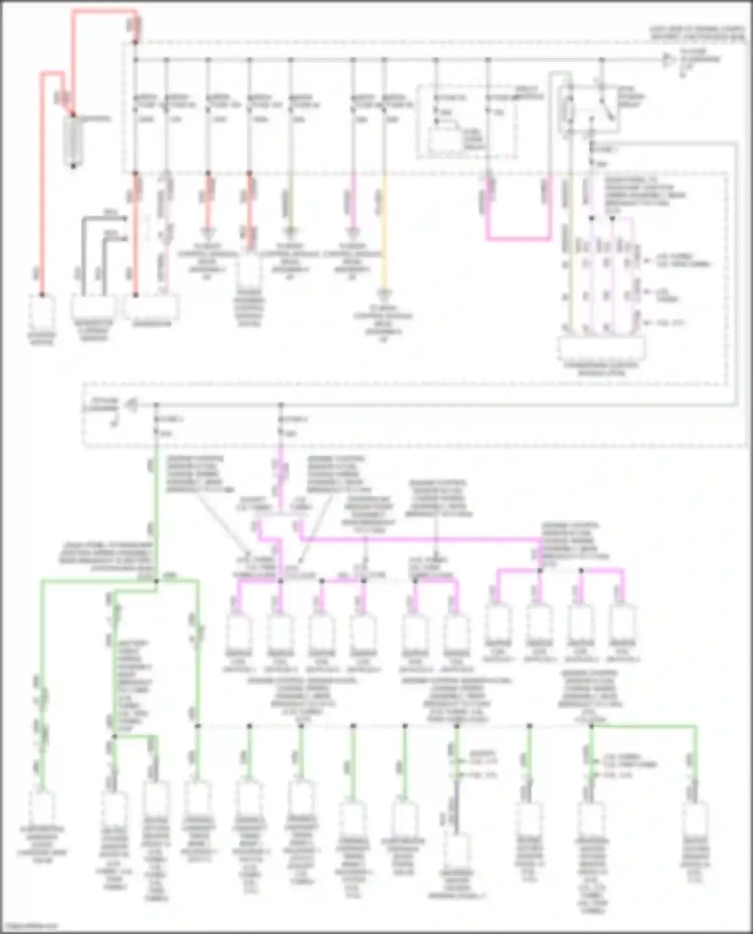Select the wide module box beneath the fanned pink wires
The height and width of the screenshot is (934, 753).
point(601,348)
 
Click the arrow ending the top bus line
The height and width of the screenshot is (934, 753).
point(668,60)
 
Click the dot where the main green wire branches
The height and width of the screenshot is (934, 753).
point(156,581)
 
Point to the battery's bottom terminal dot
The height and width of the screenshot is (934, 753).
point(73,166)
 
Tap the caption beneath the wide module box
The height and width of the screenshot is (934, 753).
point(601,369)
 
